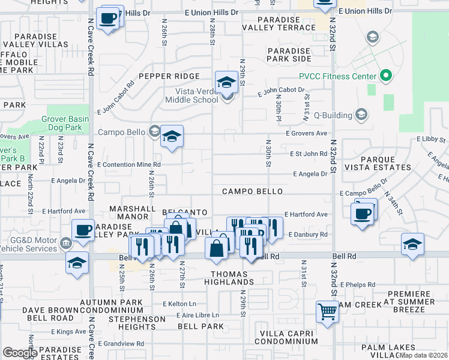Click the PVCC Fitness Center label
(x=338, y=76)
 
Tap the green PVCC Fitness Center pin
(x=385, y=76)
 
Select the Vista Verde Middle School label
(x=188, y=96)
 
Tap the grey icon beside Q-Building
(x=361, y=113)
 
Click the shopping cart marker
(x=327, y=311)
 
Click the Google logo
(x=20, y=353)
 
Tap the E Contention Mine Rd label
(x=129, y=164)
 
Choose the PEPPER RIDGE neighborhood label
(x=169, y=76)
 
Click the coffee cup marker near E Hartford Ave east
(x=363, y=214)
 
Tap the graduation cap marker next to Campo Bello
(x=172, y=137)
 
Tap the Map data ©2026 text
(x=424, y=355)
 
